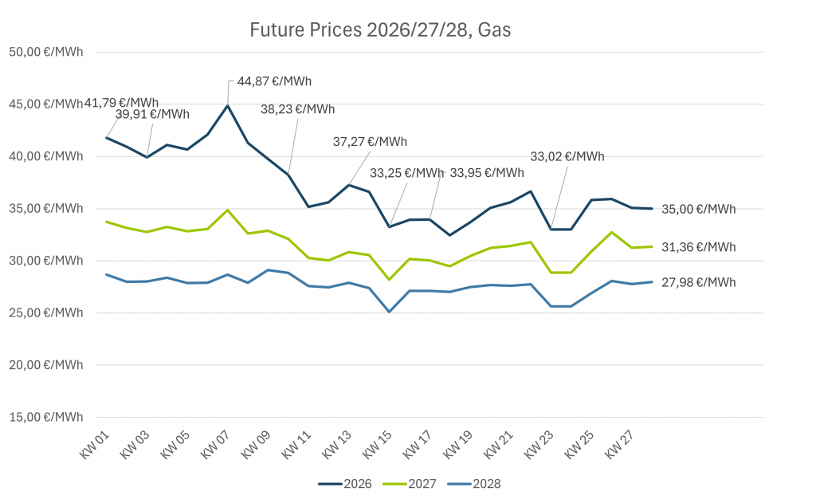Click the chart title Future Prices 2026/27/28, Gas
tap(380, 31)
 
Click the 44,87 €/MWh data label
tap(274, 81)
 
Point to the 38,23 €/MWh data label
tap(298, 109)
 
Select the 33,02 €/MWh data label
tap(568, 156)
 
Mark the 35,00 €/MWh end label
tap(699, 210)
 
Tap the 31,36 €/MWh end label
tap(699, 247)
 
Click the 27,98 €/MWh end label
tap(699, 282)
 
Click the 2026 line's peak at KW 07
tap(228, 105)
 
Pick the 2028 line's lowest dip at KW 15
tap(390, 312)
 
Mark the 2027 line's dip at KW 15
tap(390, 280)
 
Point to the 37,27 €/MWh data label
tap(370, 142)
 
